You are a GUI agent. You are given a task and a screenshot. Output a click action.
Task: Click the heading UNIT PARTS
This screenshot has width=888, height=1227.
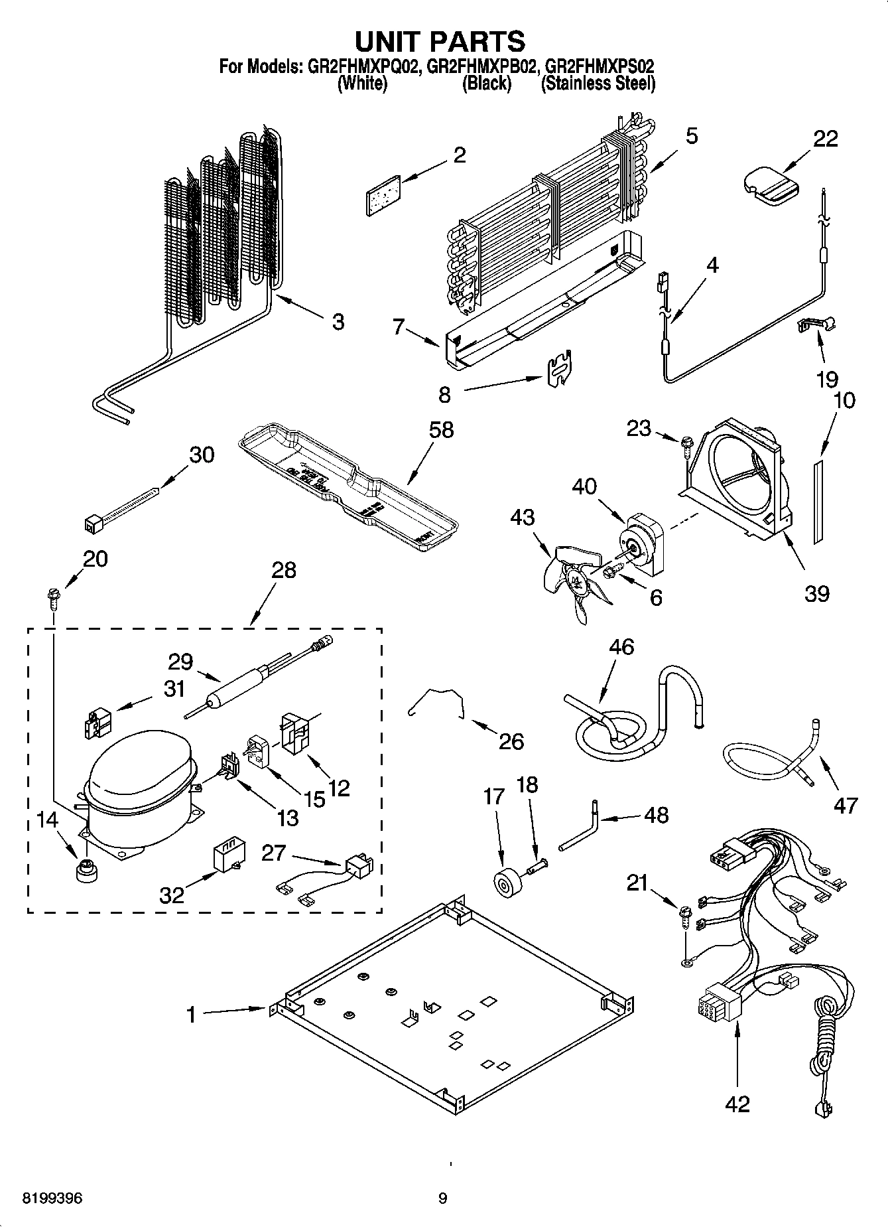440,42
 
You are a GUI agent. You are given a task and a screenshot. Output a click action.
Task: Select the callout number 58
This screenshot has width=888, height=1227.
440,429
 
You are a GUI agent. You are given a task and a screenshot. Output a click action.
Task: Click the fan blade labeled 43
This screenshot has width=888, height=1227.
574,581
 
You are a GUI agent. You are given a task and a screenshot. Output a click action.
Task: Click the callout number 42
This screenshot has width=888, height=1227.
737,1104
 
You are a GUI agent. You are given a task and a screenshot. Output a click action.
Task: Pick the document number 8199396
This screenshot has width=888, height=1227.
52,1198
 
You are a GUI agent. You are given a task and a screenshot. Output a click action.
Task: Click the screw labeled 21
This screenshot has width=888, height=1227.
686,919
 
